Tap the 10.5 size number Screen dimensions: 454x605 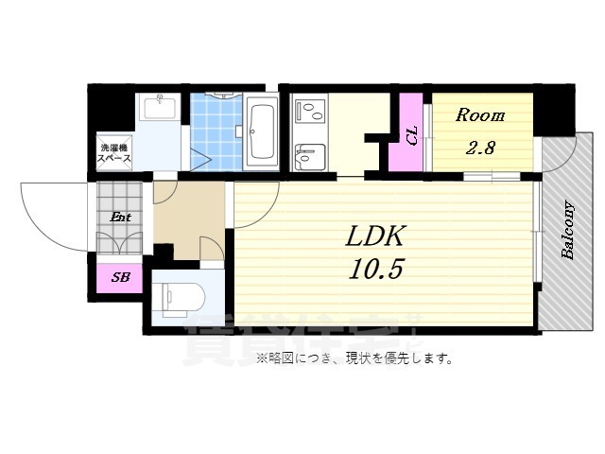378,270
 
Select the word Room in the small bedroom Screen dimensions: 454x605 480,116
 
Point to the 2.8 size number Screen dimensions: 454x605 480,148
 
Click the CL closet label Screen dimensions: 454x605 412,134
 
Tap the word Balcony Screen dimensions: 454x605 568,230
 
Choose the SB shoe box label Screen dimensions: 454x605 120,277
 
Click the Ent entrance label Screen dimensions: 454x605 120,218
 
